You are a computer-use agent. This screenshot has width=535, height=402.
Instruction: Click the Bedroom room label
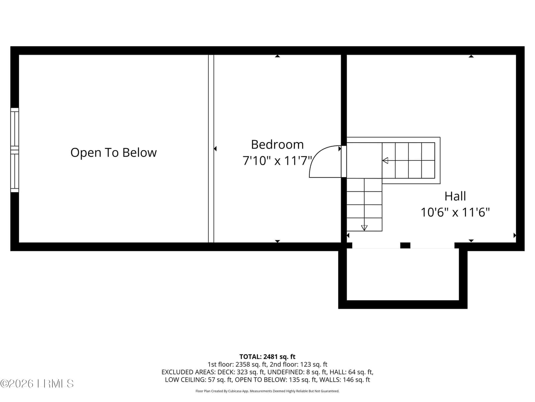[x=278, y=144]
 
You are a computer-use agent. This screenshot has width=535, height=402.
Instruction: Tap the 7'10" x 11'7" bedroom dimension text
[x=278, y=161]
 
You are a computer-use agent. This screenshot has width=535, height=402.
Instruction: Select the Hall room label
[x=455, y=196]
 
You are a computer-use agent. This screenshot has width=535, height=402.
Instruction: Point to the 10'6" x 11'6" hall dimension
[x=455, y=212]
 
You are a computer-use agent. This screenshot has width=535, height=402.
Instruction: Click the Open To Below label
[x=114, y=152]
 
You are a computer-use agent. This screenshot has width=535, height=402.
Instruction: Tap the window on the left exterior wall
[x=15, y=150]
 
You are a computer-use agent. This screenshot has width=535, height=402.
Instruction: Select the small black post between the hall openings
[x=405, y=245]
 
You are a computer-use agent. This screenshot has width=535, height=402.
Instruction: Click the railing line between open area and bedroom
[x=211, y=149]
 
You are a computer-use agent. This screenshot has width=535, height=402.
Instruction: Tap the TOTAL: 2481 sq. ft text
[x=267, y=357]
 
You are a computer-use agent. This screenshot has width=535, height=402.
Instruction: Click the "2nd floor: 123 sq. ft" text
[x=298, y=364]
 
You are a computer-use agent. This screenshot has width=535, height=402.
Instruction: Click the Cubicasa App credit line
[x=267, y=391]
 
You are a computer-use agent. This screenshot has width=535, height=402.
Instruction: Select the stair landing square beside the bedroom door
[x=364, y=160]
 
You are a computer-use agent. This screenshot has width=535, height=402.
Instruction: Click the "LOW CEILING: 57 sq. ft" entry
[x=198, y=380]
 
